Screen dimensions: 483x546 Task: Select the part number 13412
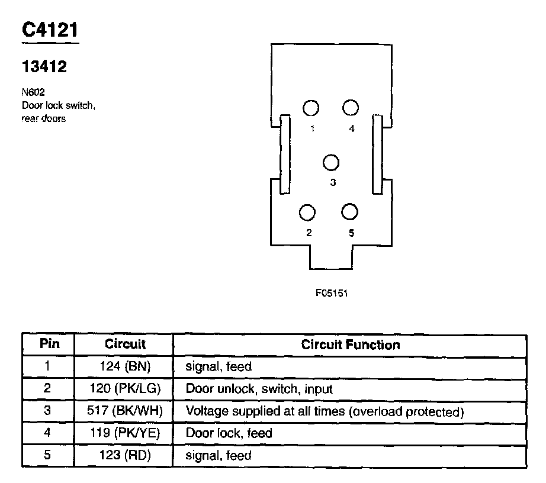[44, 67]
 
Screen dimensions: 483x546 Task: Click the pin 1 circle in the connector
[311, 108]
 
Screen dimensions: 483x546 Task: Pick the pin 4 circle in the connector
[351, 107]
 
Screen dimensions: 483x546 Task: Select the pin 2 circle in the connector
[308, 212]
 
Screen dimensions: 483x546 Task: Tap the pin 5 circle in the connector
[350, 212]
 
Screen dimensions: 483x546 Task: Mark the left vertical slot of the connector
[285, 154]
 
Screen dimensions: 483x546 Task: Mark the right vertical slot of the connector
[377, 154]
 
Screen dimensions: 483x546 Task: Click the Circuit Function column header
[351, 344]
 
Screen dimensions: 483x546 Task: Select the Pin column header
[48, 344]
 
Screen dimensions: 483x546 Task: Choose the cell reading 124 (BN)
[125, 366]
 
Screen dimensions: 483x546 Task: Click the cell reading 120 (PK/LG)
[125, 389]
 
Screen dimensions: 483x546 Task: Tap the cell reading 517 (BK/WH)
[125, 411]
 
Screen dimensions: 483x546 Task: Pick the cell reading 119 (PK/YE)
[125, 433]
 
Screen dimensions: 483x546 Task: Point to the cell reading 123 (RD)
[125, 455]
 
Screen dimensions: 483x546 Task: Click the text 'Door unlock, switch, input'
[259, 389]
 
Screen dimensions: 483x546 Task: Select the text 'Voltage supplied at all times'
[265, 411]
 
